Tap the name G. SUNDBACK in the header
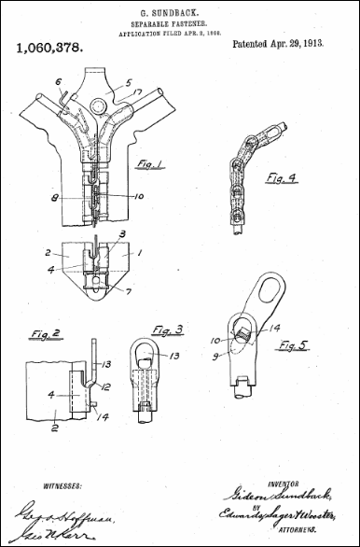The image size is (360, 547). (x=180, y=10)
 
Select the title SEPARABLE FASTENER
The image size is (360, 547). (x=180, y=21)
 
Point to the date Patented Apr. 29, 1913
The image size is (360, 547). (x=279, y=44)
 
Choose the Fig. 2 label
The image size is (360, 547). (x=35, y=333)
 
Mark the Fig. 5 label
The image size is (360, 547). (x=294, y=346)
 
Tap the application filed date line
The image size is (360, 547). (x=180, y=32)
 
